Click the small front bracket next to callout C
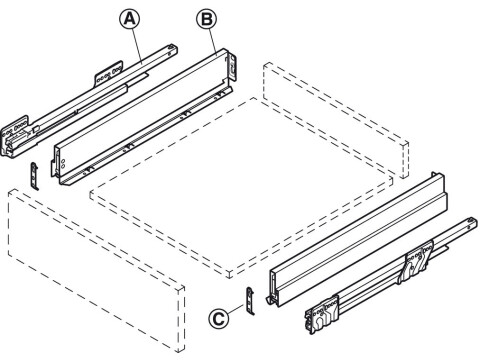click(250, 301)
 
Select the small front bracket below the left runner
click(36, 172)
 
